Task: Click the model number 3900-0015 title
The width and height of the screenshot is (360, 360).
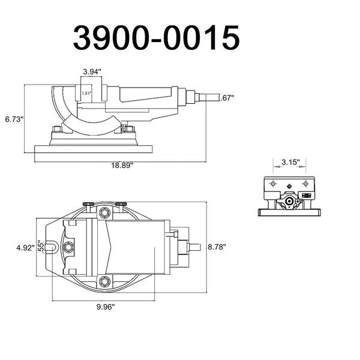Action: (157, 38)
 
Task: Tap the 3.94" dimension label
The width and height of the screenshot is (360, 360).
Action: (92, 72)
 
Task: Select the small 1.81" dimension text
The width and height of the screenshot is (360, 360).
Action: (86, 93)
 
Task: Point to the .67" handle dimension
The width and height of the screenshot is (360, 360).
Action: (227, 98)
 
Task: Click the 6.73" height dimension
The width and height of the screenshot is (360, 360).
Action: (14, 119)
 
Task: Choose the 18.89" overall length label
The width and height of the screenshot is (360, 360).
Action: (122, 166)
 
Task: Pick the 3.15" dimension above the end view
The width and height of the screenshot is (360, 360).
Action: (290, 163)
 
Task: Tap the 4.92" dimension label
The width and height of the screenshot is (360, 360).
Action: (25, 248)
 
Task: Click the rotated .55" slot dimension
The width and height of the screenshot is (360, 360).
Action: (41, 247)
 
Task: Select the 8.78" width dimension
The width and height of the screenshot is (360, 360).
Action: (217, 247)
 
